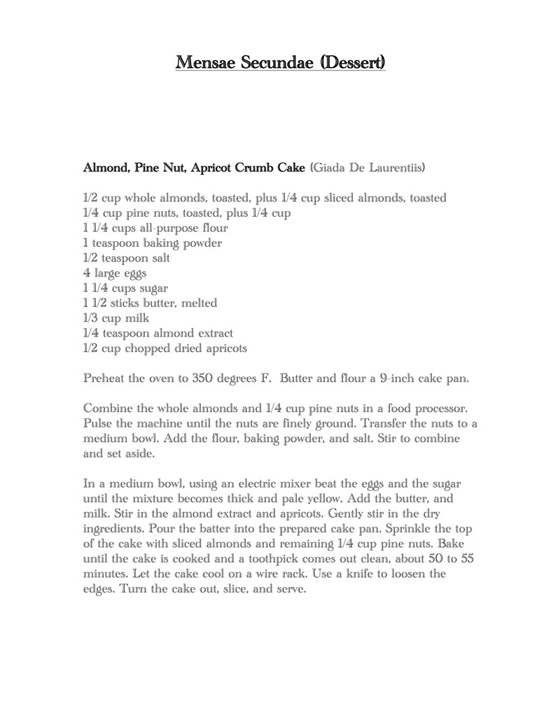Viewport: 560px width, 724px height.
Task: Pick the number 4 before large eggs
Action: [86, 273]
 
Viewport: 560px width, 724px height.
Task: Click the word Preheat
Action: [106, 378]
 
